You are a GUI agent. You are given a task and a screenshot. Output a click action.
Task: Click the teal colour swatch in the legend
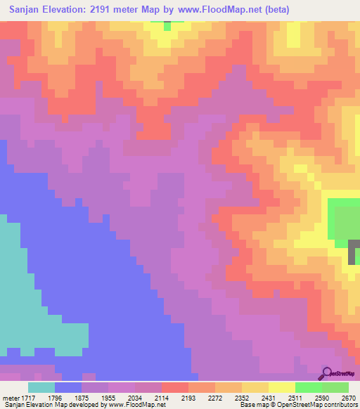41,387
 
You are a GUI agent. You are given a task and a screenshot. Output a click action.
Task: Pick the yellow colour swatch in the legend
281,387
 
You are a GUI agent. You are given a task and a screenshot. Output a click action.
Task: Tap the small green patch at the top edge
167,25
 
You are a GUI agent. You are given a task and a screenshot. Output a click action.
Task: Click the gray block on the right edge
354,251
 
